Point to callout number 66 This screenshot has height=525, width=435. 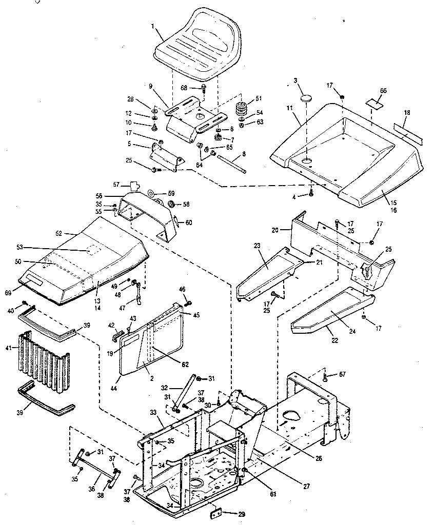[x=383, y=91]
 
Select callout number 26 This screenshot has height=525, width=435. [x=319, y=458]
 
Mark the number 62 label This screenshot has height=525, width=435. [x=185, y=365]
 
